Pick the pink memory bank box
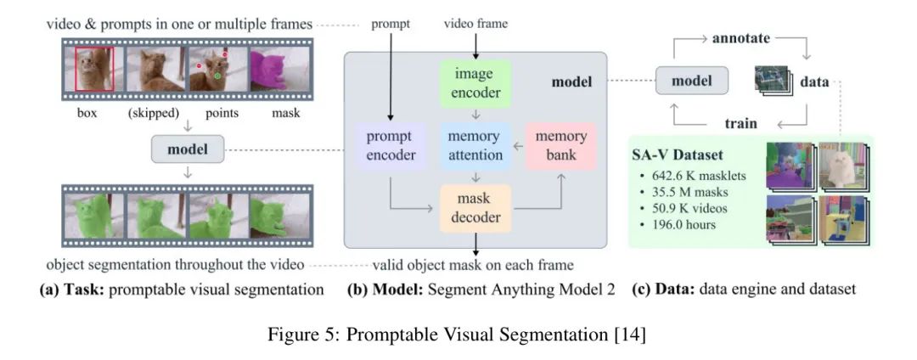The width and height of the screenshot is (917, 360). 561,145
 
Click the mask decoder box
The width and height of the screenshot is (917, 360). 475,209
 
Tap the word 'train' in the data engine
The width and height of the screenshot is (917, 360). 741,124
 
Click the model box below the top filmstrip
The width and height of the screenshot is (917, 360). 188,149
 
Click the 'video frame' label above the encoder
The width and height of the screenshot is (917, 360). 475,24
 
